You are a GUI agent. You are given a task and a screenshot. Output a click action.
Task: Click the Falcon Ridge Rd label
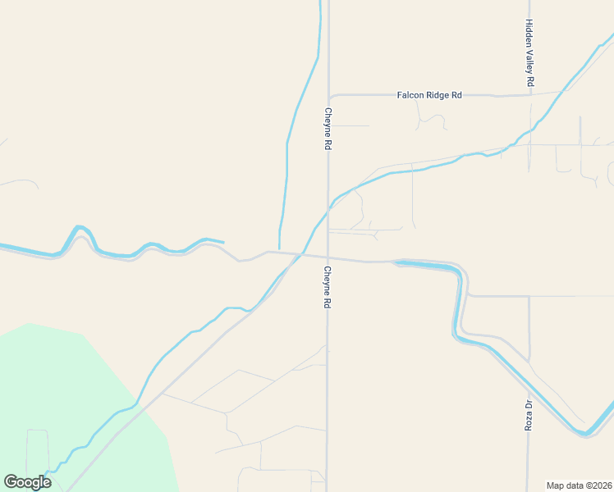[429, 95]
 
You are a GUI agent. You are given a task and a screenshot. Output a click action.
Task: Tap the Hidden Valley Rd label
[530, 53]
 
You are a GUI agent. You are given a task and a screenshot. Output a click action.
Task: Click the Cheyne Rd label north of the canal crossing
[328, 129]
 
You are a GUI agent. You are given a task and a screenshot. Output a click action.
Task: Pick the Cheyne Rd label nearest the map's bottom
[327, 287]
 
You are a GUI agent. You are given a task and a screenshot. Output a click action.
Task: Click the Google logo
[27, 482]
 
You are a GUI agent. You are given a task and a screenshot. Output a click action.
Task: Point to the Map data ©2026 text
[579, 485]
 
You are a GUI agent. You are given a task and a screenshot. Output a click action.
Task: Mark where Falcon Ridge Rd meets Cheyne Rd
[328, 96]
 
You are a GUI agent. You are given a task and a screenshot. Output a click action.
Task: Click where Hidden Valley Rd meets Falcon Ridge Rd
[530, 95]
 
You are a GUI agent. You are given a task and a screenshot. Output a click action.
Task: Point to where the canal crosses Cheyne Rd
[328, 210]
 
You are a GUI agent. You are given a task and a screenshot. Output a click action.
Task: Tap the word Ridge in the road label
[438, 95]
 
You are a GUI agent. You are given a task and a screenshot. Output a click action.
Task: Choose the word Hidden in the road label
[530, 34]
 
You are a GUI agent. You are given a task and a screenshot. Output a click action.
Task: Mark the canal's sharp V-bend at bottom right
[585, 432]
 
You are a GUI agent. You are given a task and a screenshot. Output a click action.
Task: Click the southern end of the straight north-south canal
[279, 248]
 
